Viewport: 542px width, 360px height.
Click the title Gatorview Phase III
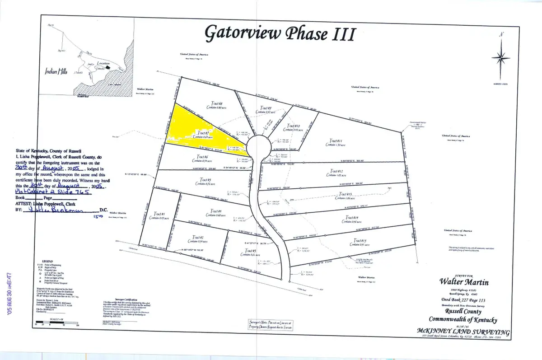[280, 33]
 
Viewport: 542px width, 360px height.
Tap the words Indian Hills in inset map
[56, 72]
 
